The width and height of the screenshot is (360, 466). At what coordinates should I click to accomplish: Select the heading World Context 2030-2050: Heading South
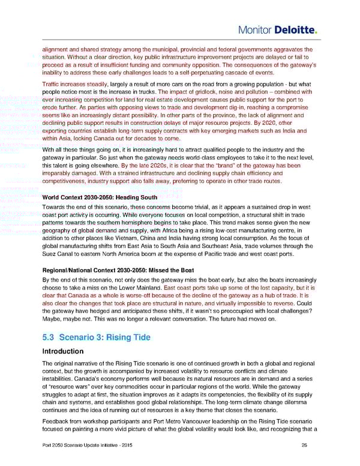pyautogui.click(x=100, y=197)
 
